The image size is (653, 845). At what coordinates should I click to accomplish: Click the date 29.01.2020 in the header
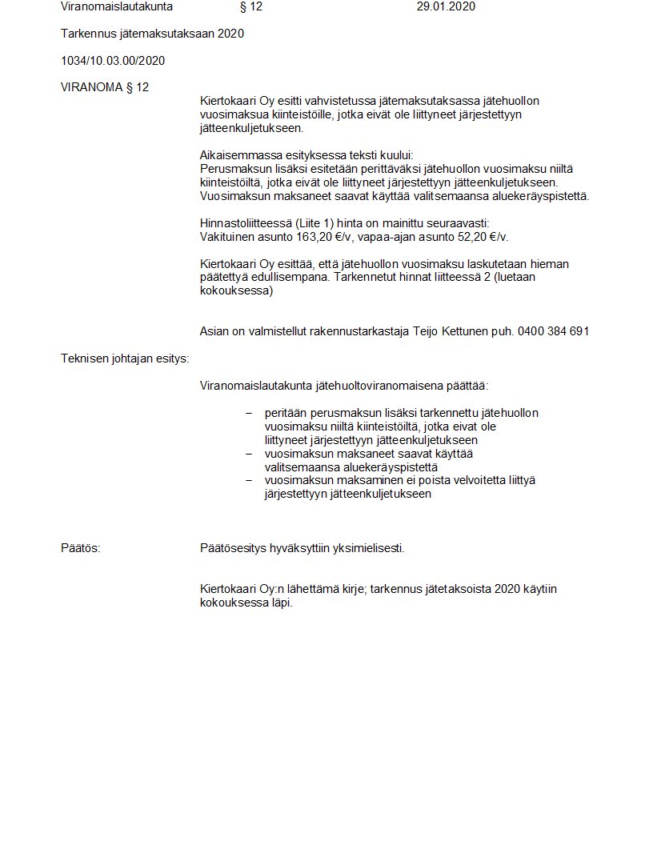446,7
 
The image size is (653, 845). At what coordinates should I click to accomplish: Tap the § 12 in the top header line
250,7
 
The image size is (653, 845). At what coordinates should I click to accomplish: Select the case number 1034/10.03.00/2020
113,61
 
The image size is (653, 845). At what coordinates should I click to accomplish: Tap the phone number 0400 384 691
553,331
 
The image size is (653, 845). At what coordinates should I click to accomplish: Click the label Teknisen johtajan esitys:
125,358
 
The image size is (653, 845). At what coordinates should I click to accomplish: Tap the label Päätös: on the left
81,549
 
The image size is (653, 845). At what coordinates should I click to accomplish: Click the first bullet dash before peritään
248,413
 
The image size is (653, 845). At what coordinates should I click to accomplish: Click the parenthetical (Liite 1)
296,223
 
